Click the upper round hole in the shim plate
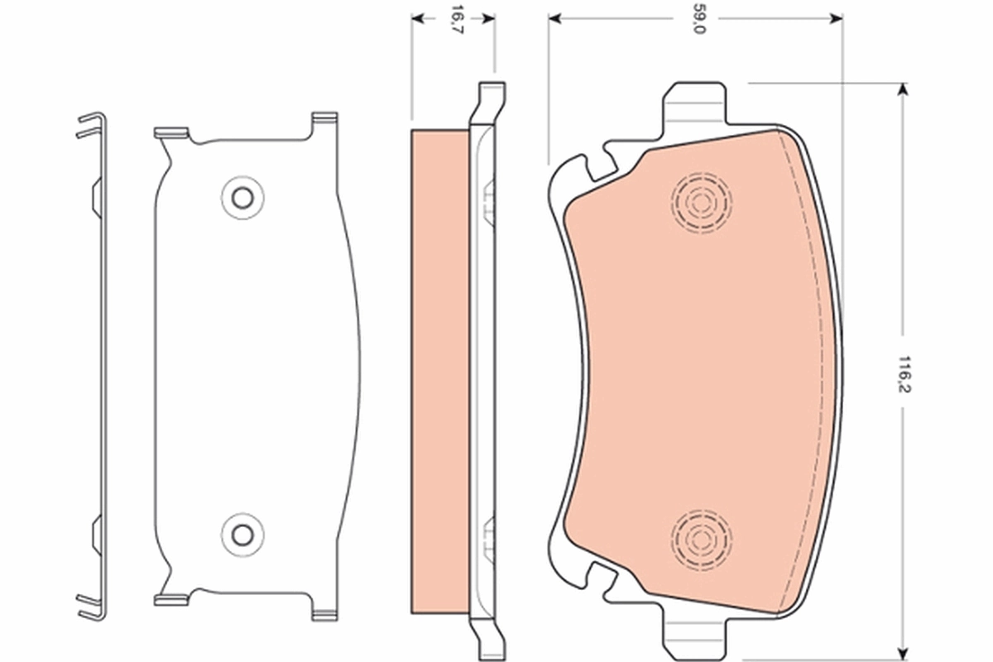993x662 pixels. [242, 197]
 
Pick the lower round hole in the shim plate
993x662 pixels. [242, 534]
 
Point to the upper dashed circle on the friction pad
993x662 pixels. [702, 201]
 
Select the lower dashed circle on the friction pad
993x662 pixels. [702, 538]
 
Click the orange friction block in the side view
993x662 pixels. [439, 372]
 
